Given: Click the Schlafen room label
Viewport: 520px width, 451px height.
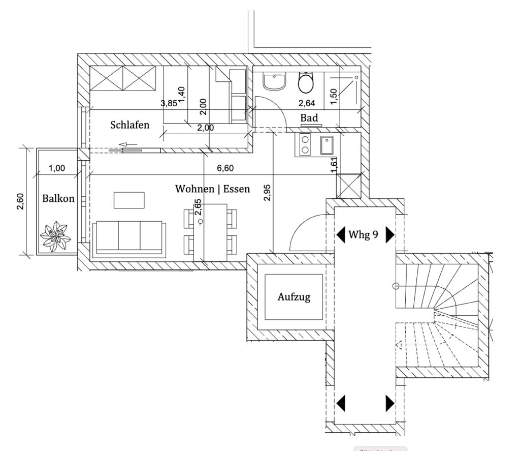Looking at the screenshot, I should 130,125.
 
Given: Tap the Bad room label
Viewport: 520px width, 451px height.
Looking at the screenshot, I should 309,118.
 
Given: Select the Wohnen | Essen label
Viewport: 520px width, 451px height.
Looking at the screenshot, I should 213,189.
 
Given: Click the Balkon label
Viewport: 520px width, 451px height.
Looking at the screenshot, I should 58,199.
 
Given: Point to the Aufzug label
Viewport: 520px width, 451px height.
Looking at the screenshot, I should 294,297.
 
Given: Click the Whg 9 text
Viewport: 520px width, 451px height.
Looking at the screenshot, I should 363,235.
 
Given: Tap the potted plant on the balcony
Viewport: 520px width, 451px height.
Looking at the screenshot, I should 55,235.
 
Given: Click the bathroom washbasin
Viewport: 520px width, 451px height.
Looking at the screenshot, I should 275,82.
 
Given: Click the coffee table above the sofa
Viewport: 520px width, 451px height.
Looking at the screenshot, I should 129,199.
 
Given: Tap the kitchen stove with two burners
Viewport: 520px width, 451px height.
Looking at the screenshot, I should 305,144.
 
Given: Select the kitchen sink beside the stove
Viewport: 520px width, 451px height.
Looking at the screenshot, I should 326,145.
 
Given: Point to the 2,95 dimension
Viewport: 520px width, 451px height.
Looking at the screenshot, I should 267,193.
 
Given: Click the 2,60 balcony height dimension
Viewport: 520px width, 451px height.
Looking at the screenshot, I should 20,201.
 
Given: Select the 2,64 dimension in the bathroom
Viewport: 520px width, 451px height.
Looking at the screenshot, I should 306,104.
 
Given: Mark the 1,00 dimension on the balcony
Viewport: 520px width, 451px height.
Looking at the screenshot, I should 57,168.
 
